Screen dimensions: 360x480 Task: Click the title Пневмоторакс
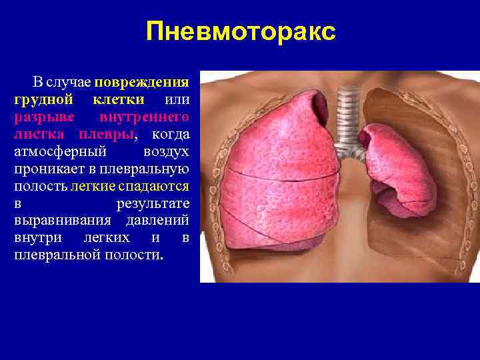(241, 31)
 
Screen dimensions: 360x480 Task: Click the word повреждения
(142, 82)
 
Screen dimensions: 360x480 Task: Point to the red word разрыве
(37, 117)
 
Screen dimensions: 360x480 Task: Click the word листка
(37, 135)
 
